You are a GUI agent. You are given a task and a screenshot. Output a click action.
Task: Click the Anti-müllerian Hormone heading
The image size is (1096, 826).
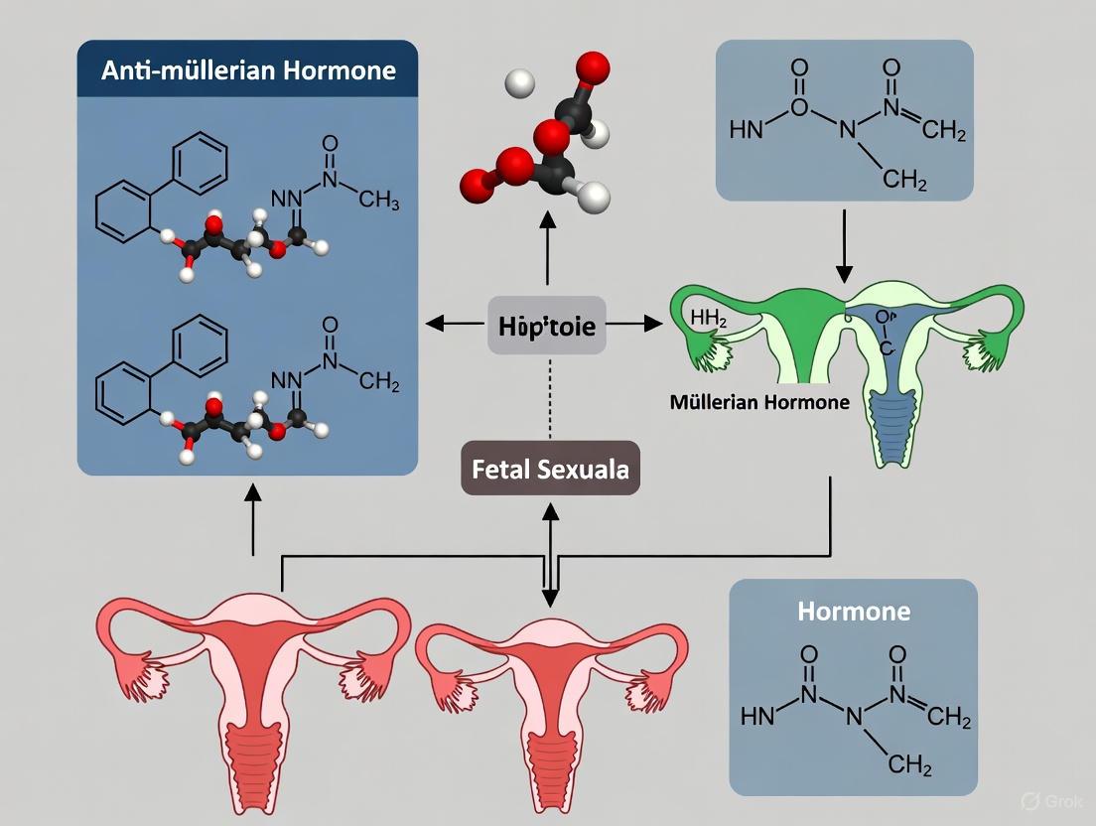(247, 71)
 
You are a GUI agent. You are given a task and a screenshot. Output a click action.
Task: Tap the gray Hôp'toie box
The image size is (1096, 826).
(547, 325)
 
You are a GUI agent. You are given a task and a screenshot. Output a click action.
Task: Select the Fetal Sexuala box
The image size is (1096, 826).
(549, 468)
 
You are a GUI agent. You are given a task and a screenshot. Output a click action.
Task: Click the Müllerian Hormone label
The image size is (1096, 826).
(758, 402)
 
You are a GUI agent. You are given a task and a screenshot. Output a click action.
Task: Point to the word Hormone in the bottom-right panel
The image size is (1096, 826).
(853, 611)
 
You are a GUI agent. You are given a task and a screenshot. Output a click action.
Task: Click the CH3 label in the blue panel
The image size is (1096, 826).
(378, 201)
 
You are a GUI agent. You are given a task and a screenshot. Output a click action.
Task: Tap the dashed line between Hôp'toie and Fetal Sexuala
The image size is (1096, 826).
(548, 397)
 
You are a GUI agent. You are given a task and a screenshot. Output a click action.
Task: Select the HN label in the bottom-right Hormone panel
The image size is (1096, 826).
(756, 717)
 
